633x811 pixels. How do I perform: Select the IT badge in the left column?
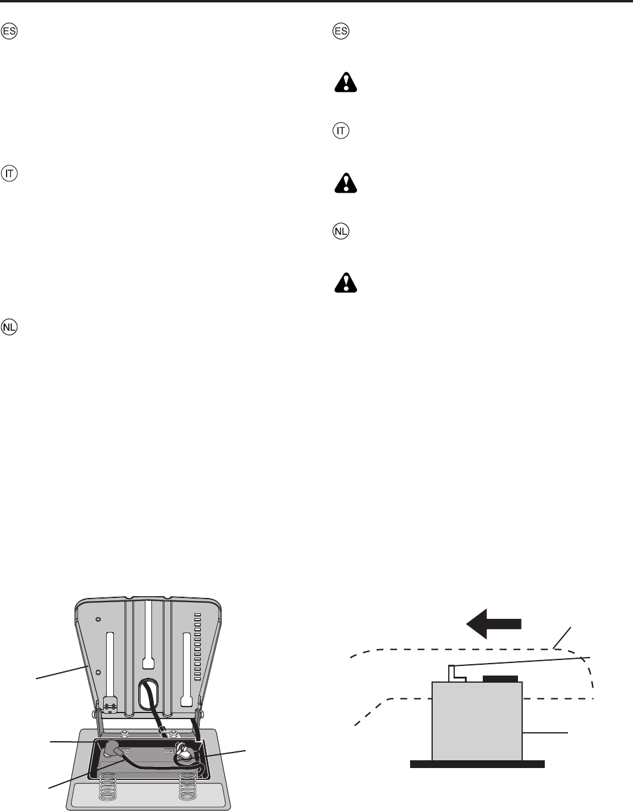(x=11, y=174)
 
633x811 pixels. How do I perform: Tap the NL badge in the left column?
(x=11, y=327)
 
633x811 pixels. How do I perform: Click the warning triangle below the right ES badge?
(x=346, y=82)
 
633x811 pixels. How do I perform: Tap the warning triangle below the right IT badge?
(x=346, y=182)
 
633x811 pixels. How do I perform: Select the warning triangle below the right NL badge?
(x=346, y=282)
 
